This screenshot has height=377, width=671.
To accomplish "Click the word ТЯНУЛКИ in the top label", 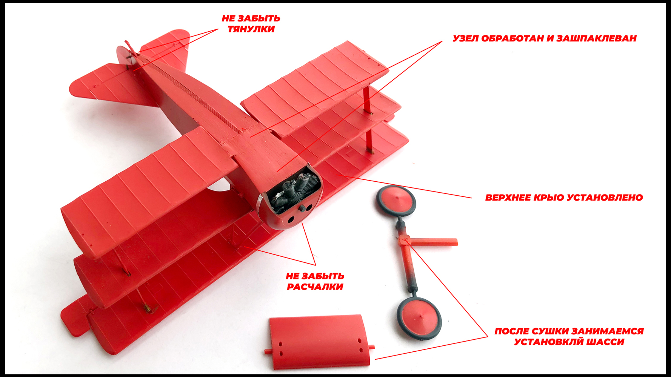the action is (251, 29).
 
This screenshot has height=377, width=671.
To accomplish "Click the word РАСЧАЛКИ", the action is (315, 287).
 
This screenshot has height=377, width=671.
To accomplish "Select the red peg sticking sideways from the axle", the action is (434, 242).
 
